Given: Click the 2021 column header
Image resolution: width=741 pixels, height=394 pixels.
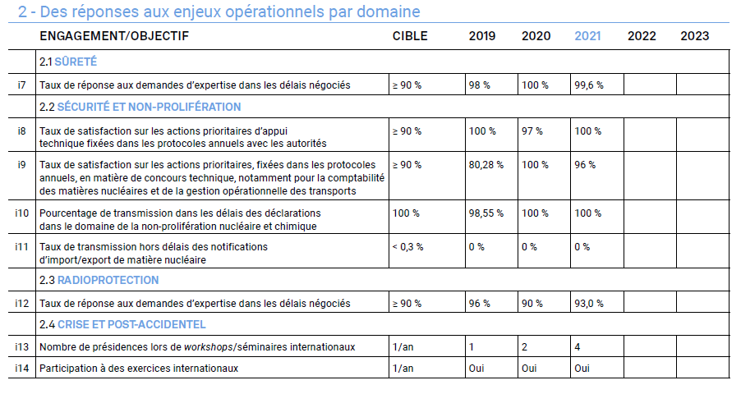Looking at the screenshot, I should tap(587, 36).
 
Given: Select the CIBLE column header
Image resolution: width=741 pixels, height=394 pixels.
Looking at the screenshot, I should tap(410, 36).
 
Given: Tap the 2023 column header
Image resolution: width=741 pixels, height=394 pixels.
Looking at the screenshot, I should tap(694, 36).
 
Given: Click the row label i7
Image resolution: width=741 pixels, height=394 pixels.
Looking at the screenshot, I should tap(21, 85).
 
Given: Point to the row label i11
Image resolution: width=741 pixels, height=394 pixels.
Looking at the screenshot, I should tap(21, 246).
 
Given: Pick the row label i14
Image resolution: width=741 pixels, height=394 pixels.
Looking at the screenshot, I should tap(21, 368).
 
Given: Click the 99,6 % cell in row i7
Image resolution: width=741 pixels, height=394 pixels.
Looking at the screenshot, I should tap(589, 85).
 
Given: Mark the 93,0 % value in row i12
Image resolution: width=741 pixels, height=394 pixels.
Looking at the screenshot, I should tap(589, 304).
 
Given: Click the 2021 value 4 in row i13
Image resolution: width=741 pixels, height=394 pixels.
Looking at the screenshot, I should tap(578, 346).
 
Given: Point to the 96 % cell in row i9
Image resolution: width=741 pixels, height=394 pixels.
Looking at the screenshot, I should tap(585, 165).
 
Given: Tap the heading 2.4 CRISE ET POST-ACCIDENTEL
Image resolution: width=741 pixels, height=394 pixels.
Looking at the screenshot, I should tap(122, 324).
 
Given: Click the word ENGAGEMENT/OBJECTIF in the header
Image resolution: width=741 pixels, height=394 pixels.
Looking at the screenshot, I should tap(113, 36).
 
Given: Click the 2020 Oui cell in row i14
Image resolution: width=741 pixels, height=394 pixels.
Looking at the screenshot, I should tap(530, 368).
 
